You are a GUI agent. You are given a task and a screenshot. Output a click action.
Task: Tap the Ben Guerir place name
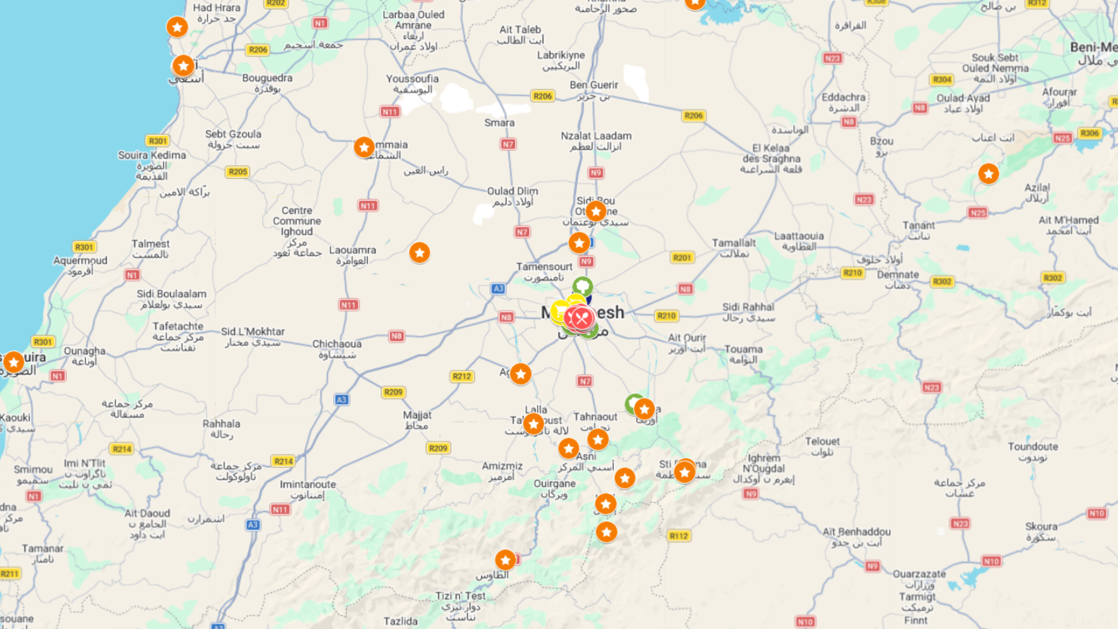click(594, 85)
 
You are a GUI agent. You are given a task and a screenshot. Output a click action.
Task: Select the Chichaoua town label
click(337, 344)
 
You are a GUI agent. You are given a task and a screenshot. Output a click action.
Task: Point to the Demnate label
click(898, 275)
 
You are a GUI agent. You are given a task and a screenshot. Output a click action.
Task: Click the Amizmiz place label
click(502, 467)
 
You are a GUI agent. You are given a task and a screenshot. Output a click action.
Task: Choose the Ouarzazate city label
click(919, 574)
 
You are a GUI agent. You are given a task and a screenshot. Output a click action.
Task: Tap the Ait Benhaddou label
click(857, 532)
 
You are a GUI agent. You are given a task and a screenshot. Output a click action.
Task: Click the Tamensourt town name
click(544, 267)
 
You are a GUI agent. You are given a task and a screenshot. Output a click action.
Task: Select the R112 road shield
click(679, 536)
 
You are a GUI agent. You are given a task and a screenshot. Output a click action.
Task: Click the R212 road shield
click(462, 376)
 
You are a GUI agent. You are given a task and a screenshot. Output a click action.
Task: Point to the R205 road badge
click(238, 172)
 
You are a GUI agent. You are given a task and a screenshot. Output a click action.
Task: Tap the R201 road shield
click(682, 257)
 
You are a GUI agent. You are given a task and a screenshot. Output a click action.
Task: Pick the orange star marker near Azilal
click(988, 174)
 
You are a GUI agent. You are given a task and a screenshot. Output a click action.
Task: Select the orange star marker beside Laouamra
click(419, 252)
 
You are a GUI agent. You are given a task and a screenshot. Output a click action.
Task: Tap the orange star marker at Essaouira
click(13, 362)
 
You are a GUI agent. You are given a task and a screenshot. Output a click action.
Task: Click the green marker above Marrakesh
click(582, 286)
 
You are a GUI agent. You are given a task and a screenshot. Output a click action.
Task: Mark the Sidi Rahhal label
click(748, 307)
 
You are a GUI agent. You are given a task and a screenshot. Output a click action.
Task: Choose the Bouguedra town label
click(267, 78)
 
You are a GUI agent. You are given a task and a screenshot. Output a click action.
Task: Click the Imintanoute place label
click(307, 485)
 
